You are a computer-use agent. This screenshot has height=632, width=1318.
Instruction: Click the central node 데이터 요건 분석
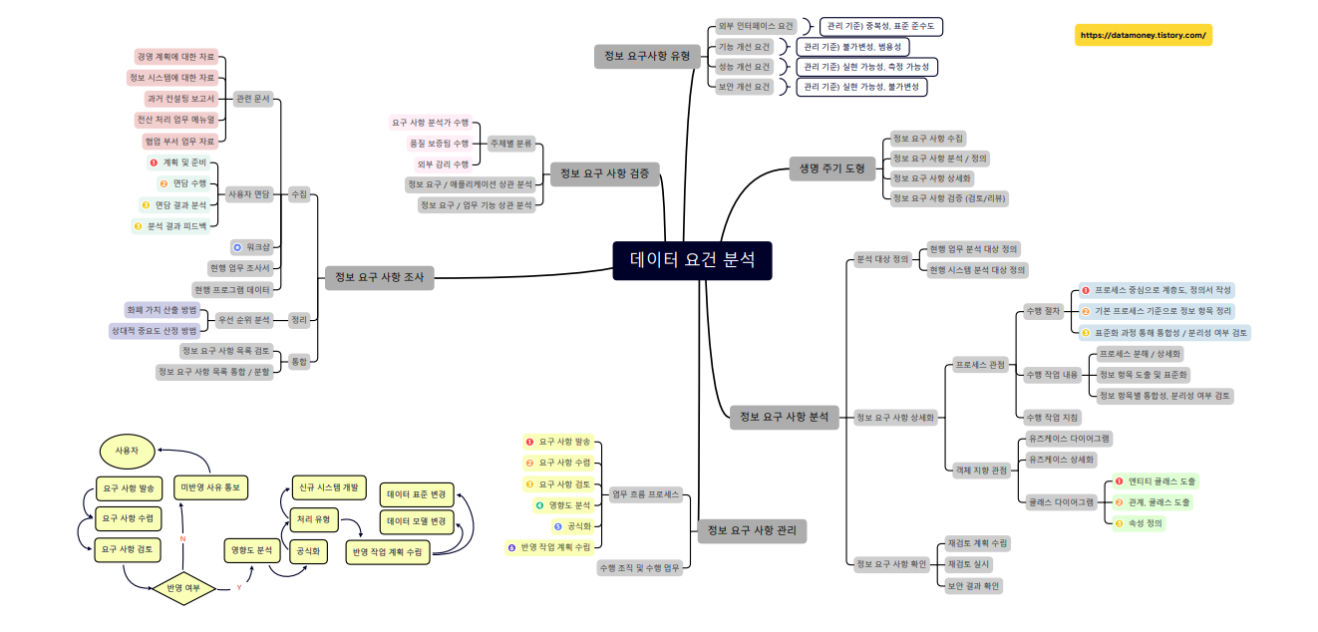tap(692, 260)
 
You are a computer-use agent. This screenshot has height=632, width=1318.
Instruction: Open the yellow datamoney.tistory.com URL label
tap(1143, 35)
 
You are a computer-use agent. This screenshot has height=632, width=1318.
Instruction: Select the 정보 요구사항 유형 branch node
tap(646, 57)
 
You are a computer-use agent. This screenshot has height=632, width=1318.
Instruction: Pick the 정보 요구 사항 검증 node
tap(604, 173)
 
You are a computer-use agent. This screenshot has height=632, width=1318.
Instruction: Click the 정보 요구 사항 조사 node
tap(379, 278)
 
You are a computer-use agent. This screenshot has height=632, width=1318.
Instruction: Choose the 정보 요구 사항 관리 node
tap(751, 530)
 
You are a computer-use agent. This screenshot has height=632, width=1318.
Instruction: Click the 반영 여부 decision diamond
tap(182, 588)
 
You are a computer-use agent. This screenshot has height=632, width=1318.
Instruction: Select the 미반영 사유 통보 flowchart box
tap(210, 486)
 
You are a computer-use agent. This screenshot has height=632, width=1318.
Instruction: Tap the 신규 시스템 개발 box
tap(328, 486)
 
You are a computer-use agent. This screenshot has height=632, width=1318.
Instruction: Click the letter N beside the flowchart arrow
tap(182, 538)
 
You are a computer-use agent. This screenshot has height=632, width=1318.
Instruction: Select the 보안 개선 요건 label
tap(745, 87)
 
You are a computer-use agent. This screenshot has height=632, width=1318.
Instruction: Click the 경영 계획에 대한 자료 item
tap(175, 57)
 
